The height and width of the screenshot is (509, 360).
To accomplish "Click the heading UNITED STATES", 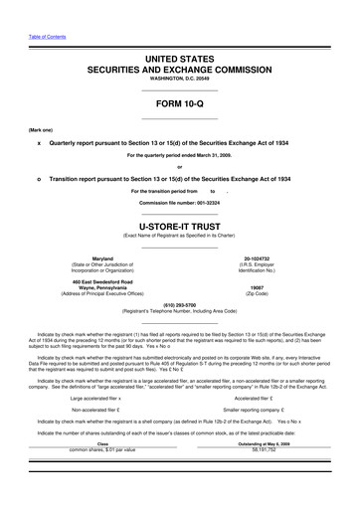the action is point(179,61).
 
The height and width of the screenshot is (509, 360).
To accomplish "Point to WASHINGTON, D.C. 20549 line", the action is point(179,84).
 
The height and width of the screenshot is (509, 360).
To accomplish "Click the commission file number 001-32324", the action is point(179,203).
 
